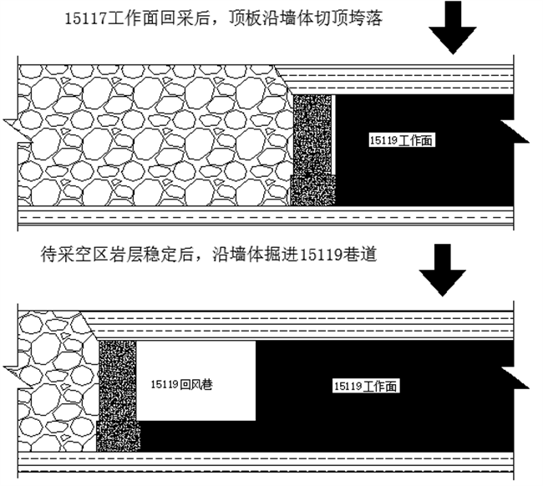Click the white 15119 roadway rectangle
pos(196,359)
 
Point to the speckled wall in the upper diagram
pos(312,150)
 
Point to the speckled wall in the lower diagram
pos(116,392)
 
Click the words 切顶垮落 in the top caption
pos(351,18)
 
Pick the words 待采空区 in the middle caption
pos(69,254)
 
